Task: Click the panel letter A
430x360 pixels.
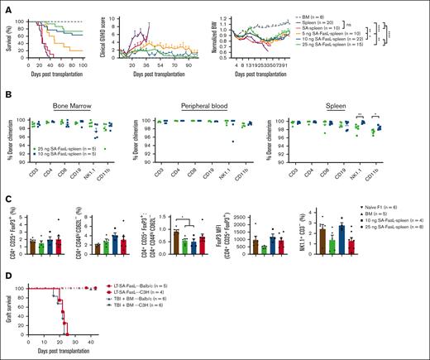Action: click(x=5, y=6)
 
